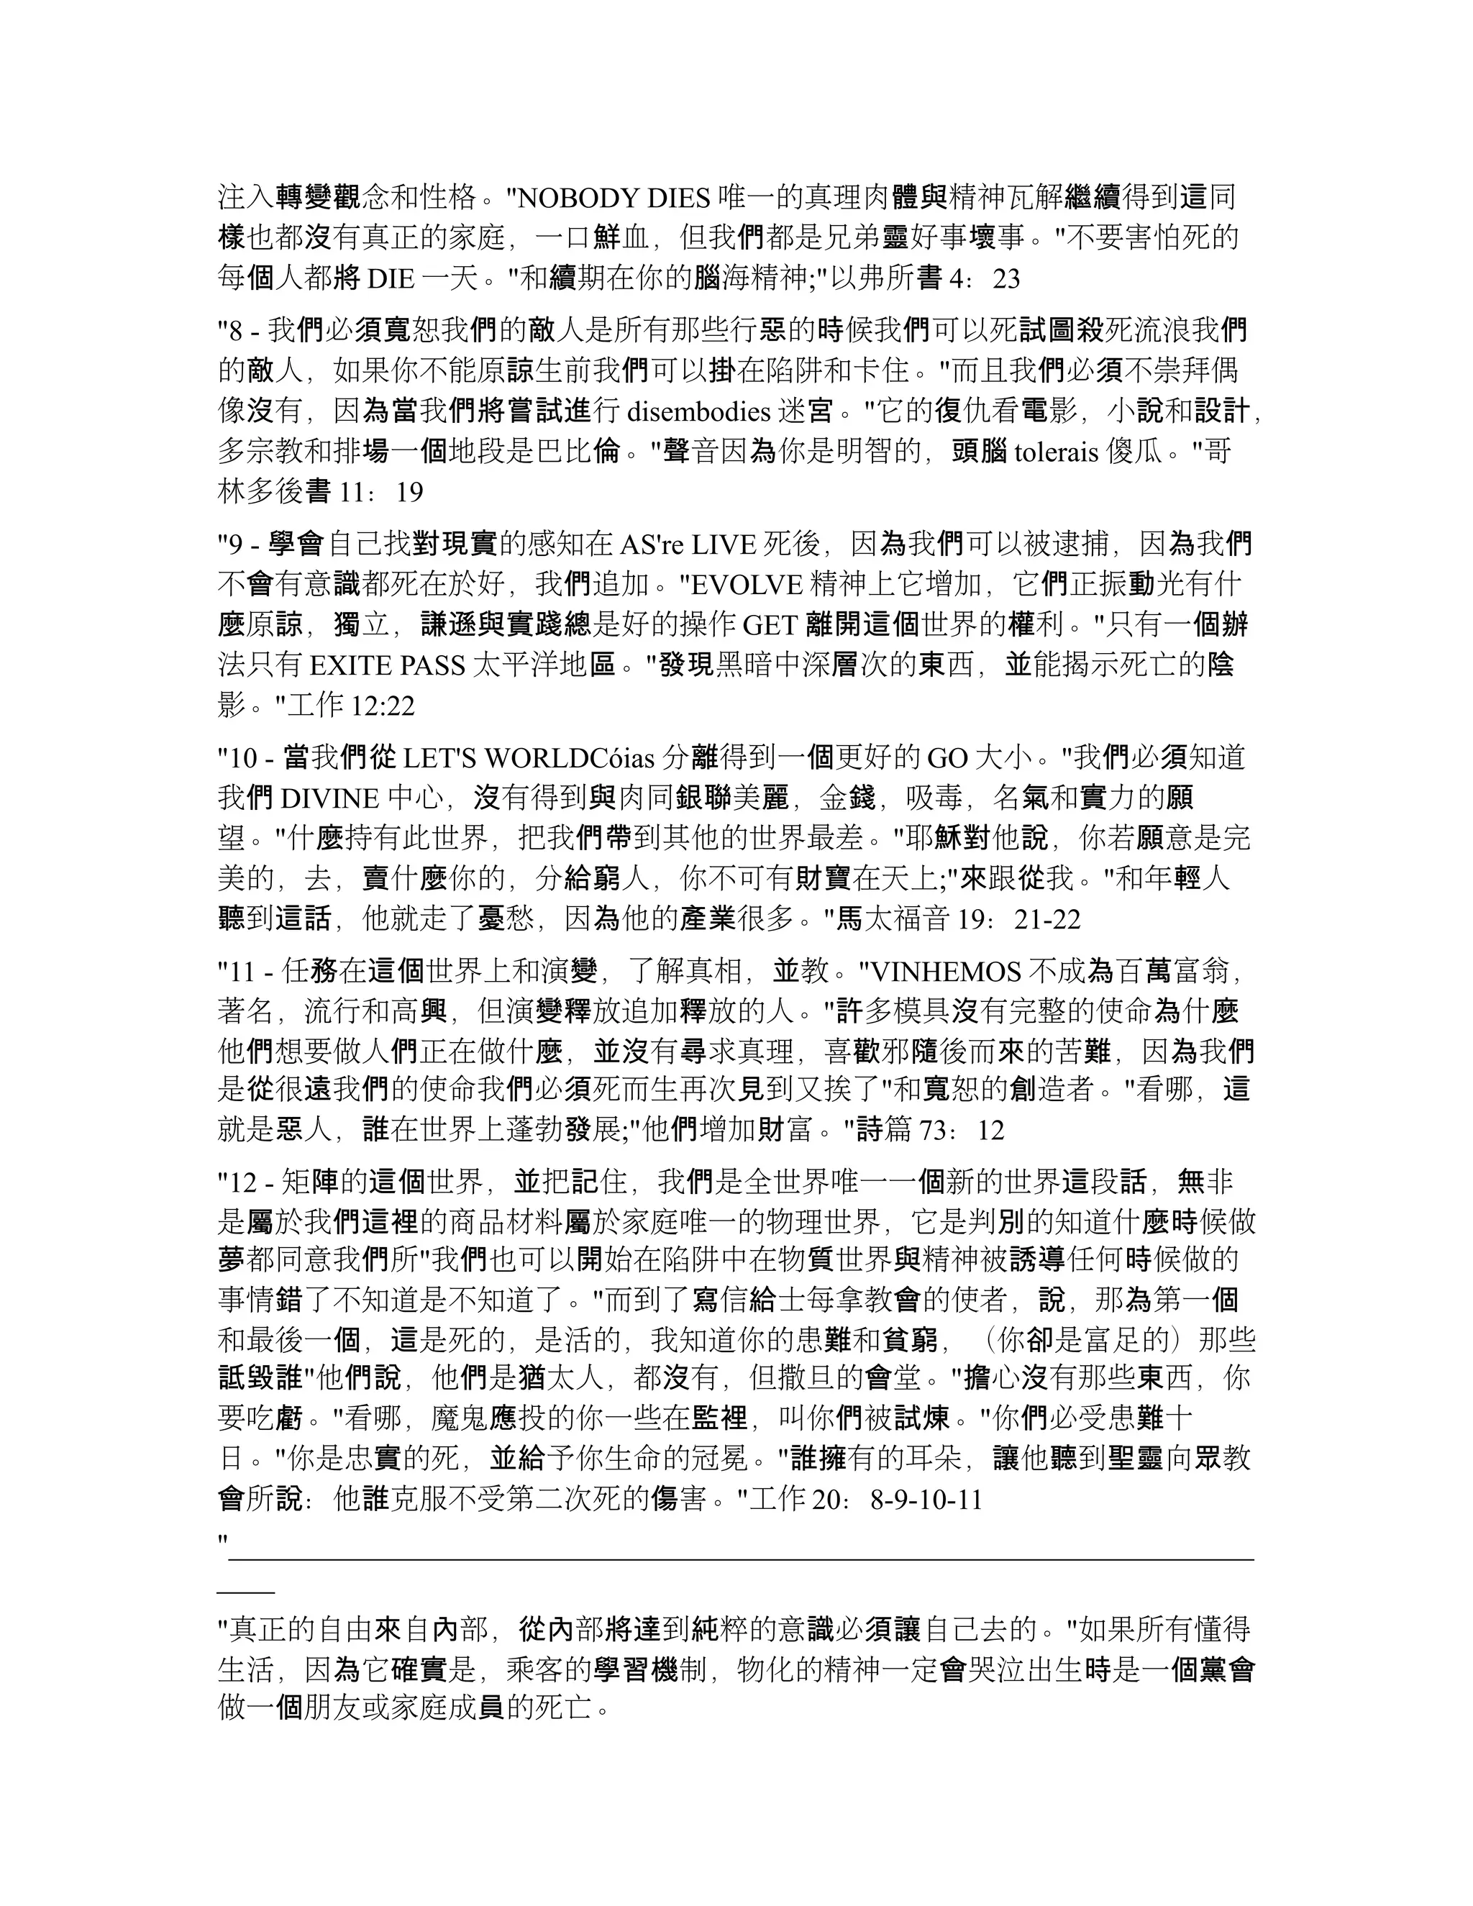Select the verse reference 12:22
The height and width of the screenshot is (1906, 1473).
381,705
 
